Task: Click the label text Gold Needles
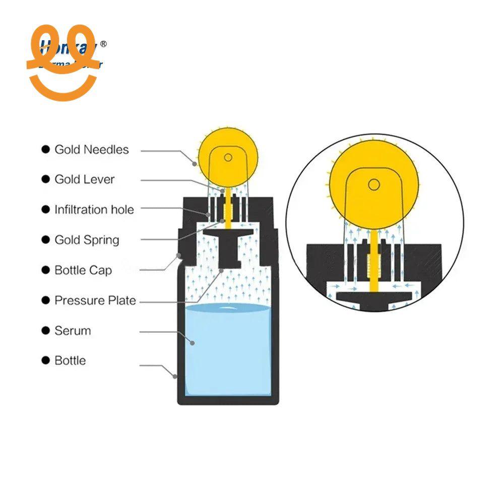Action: point(91,150)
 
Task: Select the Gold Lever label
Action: point(84,179)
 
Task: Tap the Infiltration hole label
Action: point(94,210)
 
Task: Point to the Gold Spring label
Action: point(87,240)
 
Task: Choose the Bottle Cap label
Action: point(83,270)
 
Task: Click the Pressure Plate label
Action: point(95,300)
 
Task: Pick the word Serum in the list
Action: point(73,331)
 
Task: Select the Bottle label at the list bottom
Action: point(70,361)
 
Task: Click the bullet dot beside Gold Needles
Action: point(46,150)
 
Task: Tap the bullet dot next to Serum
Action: point(46,331)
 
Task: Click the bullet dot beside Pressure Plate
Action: point(46,300)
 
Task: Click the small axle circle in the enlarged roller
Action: point(373,184)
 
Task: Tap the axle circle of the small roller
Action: point(228,158)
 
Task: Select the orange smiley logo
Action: point(61,63)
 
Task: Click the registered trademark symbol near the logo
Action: point(104,44)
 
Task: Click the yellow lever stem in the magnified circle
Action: point(373,262)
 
